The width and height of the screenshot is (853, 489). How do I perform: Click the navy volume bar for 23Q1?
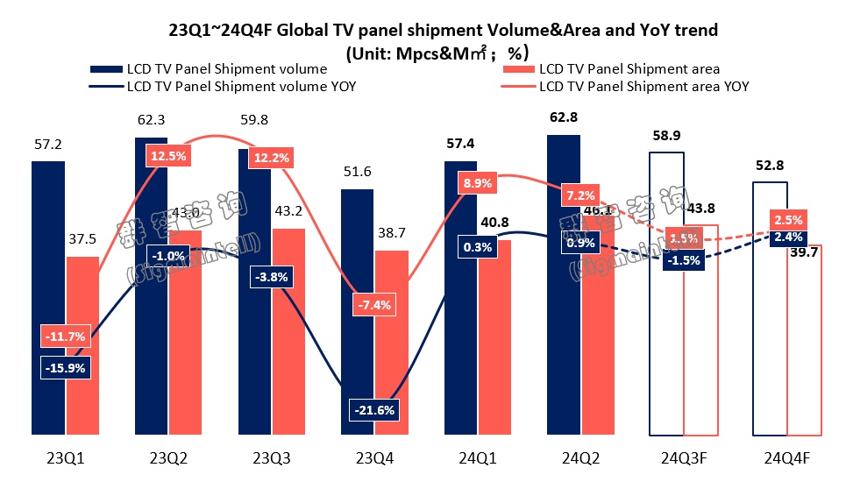[48, 298]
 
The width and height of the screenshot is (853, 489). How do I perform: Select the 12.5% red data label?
[167, 156]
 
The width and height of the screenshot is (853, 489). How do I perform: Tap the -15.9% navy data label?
[64, 368]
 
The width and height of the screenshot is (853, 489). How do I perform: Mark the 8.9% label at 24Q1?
[477, 183]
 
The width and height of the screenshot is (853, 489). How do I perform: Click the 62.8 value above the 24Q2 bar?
[563, 117]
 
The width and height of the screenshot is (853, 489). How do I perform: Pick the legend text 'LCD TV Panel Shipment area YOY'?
[644, 87]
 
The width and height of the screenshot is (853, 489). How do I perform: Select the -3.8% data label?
[269, 276]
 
